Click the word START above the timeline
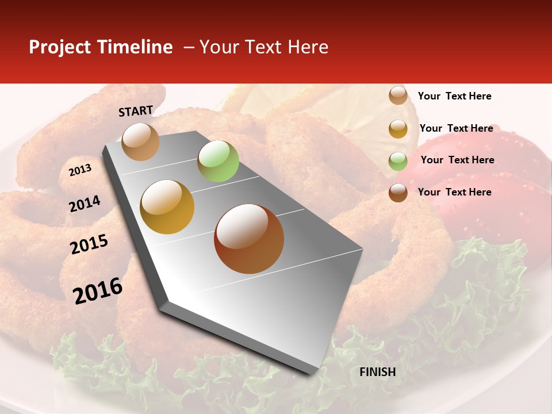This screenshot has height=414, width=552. coord(136,111)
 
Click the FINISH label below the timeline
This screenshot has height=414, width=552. coord(377,372)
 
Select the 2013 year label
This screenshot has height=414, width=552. coord(80,170)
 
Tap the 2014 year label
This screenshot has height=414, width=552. coord(85,204)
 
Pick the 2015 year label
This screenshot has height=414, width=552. coord(89,244)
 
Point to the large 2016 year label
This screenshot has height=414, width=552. coord(98,291)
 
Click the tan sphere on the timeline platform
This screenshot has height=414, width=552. coord(141,141)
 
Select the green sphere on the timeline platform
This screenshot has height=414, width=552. coord(218,161)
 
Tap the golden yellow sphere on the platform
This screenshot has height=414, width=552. coord(167,207)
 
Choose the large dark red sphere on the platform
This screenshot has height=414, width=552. coord(249,239)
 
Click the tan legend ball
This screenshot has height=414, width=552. coord(398,95)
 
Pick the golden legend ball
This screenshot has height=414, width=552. coord(398,128)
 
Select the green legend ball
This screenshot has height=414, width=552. coord(398,160)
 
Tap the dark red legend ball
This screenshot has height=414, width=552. coord(398,192)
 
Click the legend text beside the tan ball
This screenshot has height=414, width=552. coord(454,96)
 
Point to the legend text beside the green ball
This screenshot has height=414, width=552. coord(457,160)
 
